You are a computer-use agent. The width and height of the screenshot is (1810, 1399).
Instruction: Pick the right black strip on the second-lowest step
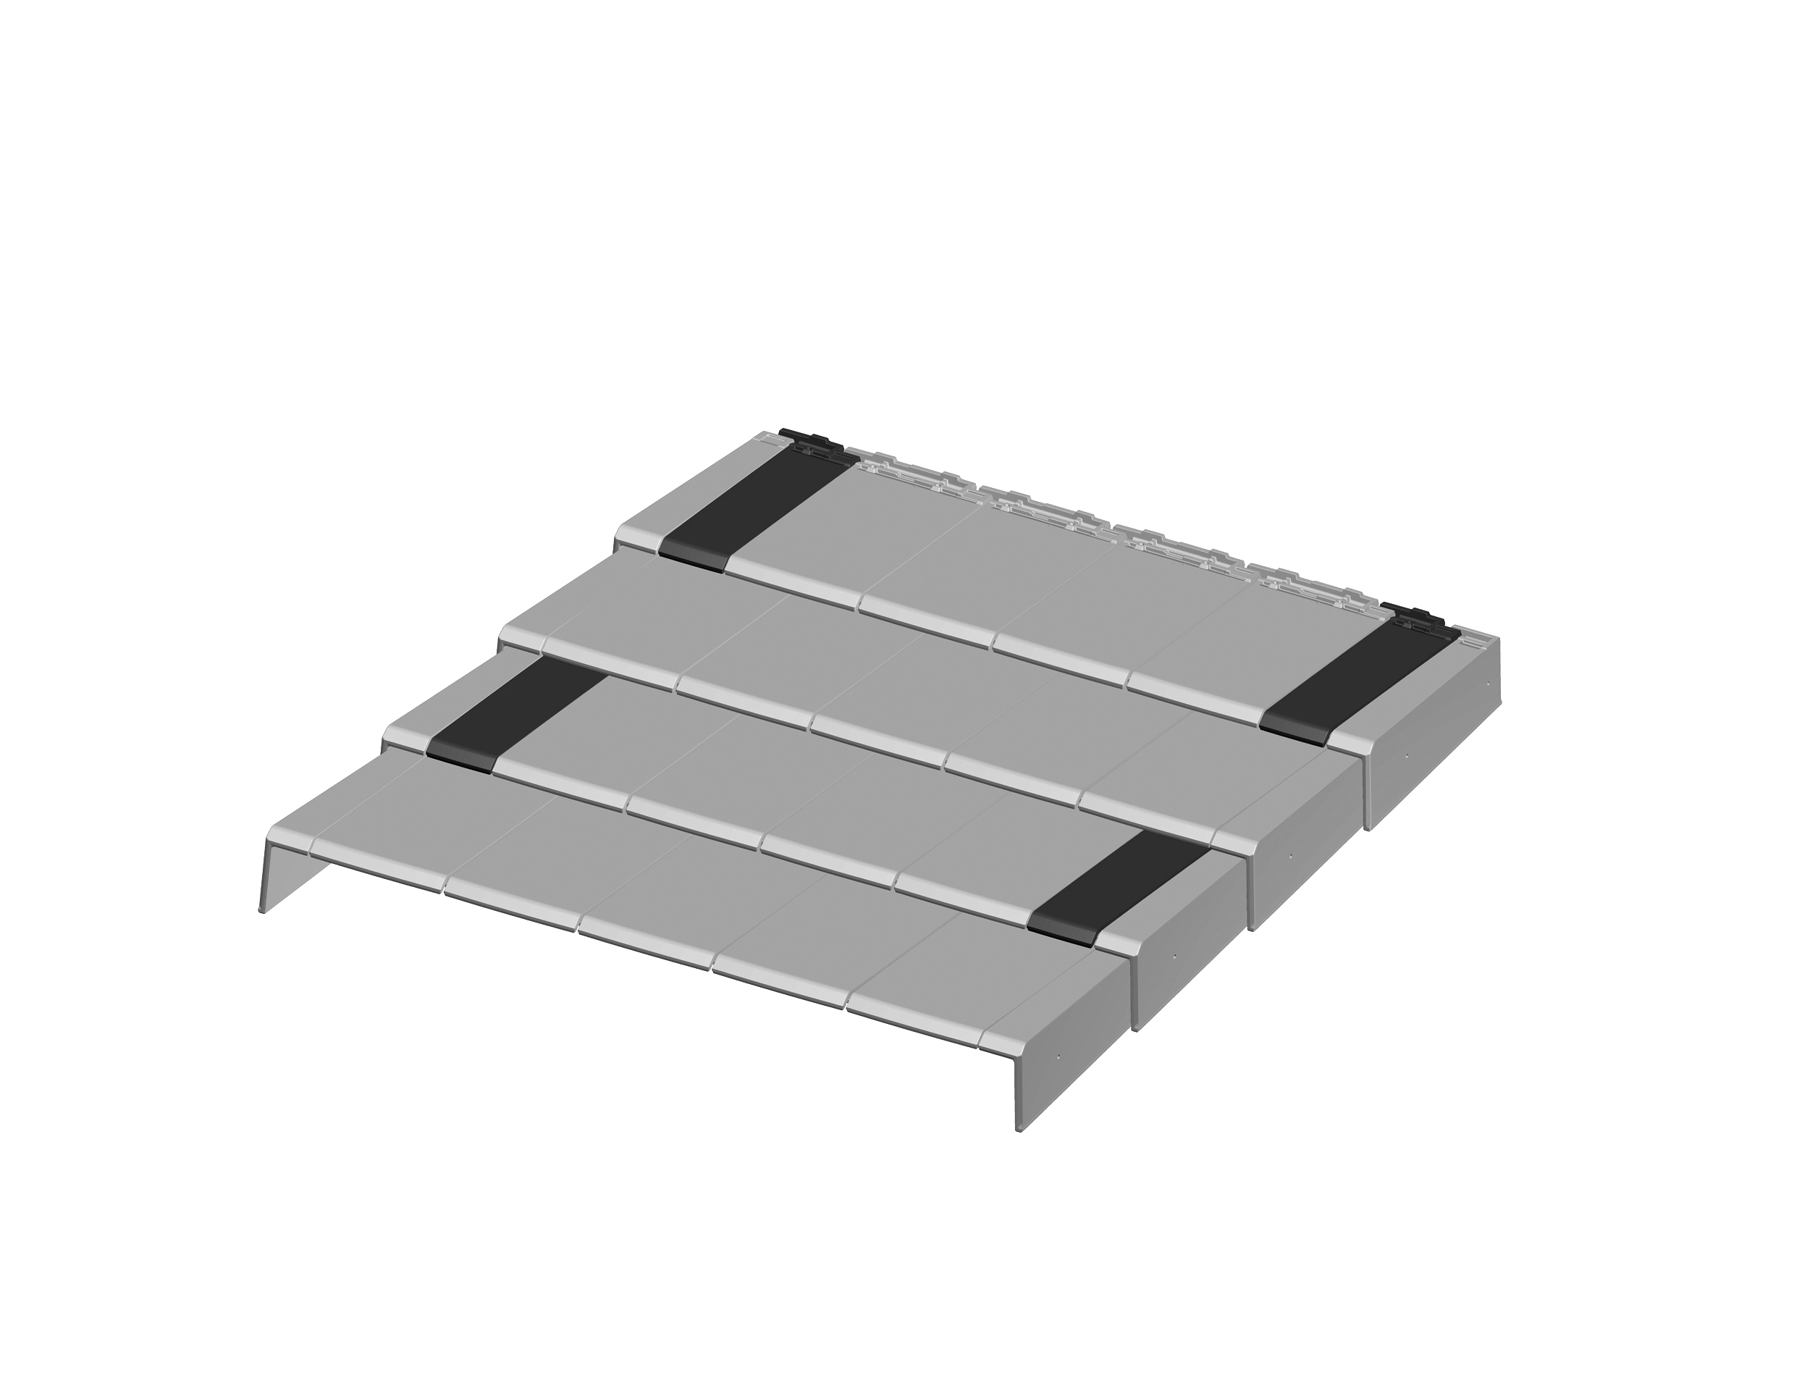click(1119, 887)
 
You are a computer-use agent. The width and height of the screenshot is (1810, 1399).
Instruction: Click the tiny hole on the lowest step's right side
click(1059, 1057)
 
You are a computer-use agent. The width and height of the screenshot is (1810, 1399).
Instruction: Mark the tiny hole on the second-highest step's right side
click(1290, 855)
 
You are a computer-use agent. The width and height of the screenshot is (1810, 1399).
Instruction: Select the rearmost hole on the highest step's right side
click(1489, 681)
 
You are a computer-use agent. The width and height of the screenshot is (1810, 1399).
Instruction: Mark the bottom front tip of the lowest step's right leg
click(1020, 1130)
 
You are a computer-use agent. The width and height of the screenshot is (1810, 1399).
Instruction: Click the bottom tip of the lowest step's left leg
click(262, 910)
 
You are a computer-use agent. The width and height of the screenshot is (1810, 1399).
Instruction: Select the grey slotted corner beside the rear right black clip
click(1476, 640)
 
